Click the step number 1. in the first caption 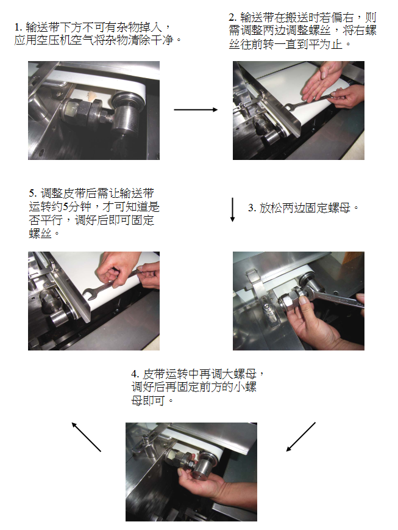coord(18,27)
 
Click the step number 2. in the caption coord(232,17)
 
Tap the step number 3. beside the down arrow coord(252,208)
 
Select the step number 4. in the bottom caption coord(135,374)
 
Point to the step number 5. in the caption coord(33,193)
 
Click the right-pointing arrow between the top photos coord(196,109)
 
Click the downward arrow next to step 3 coord(232,209)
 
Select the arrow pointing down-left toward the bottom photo coord(301,437)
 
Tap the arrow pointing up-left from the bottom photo coord(87,437)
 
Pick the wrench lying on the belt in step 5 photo coord(112,283)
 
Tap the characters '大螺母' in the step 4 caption coord(240,374)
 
